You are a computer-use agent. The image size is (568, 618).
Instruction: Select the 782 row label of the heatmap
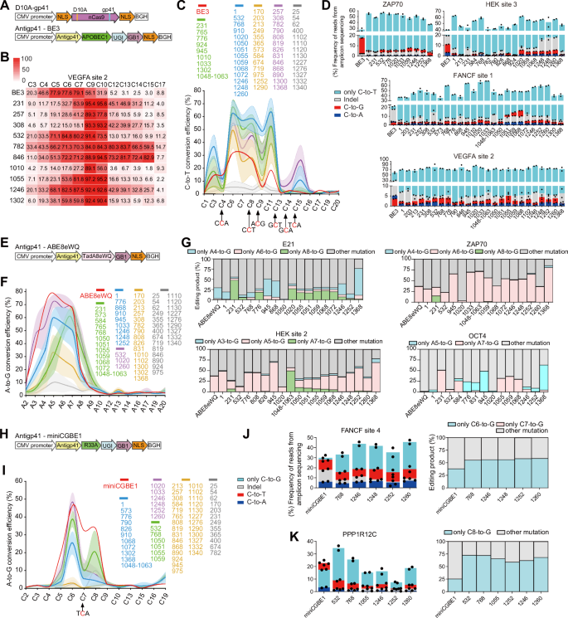15,146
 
